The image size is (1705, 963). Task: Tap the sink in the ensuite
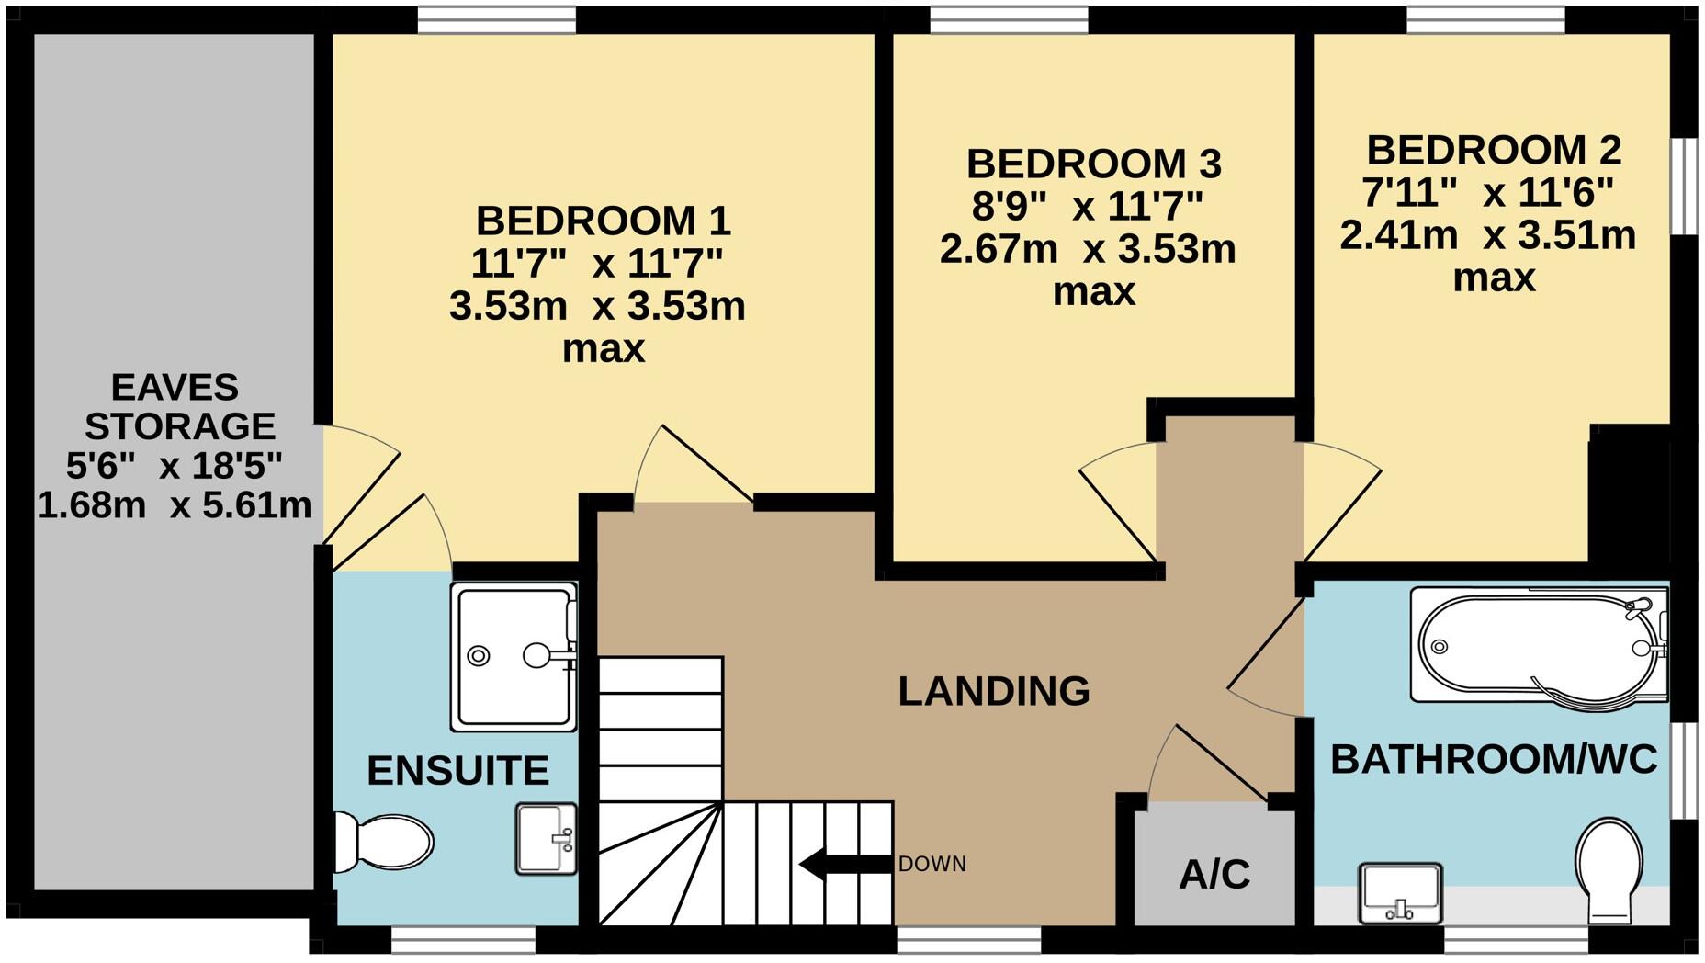coord(546,838)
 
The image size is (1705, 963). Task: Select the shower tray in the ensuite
coord(514,656)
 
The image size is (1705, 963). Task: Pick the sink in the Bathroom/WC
coord(1400,892)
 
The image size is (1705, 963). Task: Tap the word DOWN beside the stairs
coord(932,864)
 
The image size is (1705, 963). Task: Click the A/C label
coord(1214,874)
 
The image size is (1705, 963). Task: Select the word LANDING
coord(994,691)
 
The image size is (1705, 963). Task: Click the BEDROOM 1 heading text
coord(603,221)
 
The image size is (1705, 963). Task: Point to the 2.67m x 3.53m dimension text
coord(1088,249)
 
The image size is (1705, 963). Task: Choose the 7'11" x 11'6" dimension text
coord(1487,193)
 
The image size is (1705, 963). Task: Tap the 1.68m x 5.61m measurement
coord(175,505)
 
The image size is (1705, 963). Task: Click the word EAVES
coord(175,387)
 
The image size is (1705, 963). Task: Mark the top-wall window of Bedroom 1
coord(497,19)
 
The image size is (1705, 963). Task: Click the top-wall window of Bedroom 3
coord(1009,19)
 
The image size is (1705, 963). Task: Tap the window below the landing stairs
coord(969,939)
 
